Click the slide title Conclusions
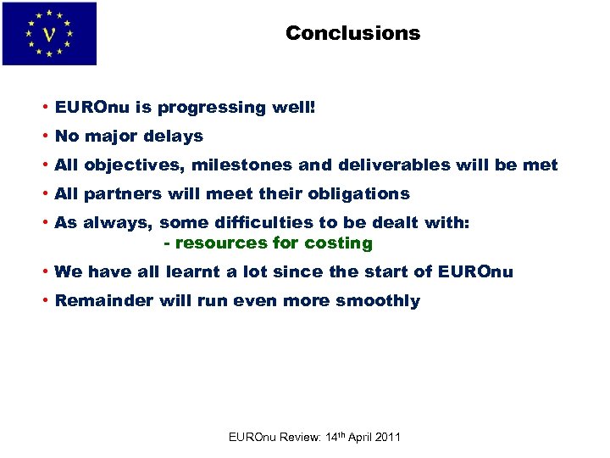(352, 33)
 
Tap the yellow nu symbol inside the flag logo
(49, 35)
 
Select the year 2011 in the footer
(386, 437)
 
